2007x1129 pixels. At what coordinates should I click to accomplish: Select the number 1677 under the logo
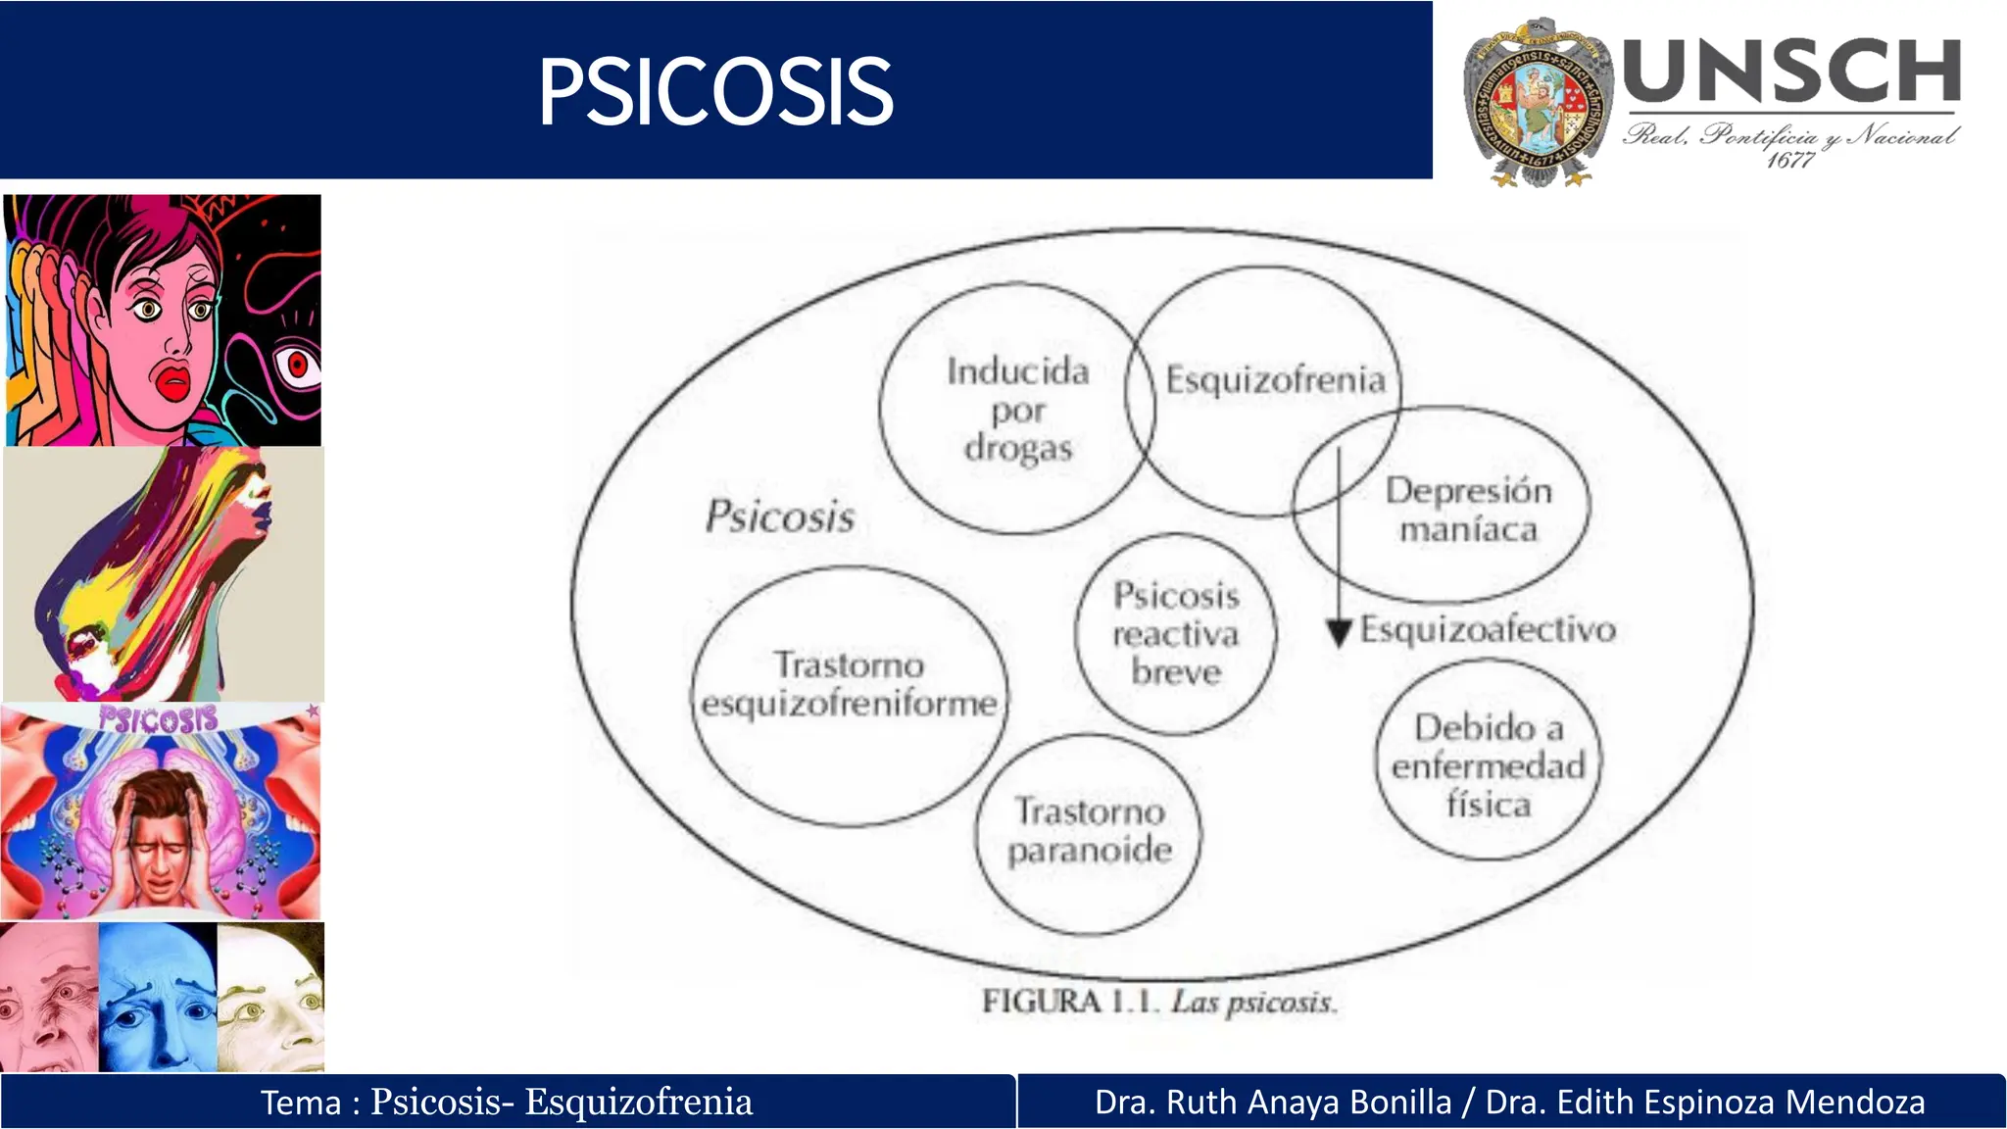point(1789,160)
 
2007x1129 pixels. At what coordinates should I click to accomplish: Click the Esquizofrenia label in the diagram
point(1275,379)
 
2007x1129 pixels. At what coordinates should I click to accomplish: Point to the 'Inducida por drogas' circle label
point(1017,410)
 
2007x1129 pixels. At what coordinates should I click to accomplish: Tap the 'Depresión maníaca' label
point(1468,510)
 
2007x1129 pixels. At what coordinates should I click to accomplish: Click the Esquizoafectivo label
point(1488,629)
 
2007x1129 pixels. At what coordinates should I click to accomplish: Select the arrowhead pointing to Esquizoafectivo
point(1339,633)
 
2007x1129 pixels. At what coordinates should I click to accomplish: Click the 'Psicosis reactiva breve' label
point(1176,634)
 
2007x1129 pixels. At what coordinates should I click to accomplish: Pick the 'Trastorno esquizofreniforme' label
point(849,684)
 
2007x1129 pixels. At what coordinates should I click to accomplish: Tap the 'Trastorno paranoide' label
point(1089,831)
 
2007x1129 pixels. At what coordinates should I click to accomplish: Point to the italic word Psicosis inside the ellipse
point(780,516)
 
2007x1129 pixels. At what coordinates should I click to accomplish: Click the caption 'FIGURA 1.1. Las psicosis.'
point(1159,1002)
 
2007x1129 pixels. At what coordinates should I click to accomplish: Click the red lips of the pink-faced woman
point(173,380)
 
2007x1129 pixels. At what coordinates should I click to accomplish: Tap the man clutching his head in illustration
point(159,833)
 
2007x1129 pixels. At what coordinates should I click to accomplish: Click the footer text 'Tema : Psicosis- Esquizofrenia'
point(507,1103)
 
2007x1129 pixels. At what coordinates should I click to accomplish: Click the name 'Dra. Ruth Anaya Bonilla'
point(1273,1103)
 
